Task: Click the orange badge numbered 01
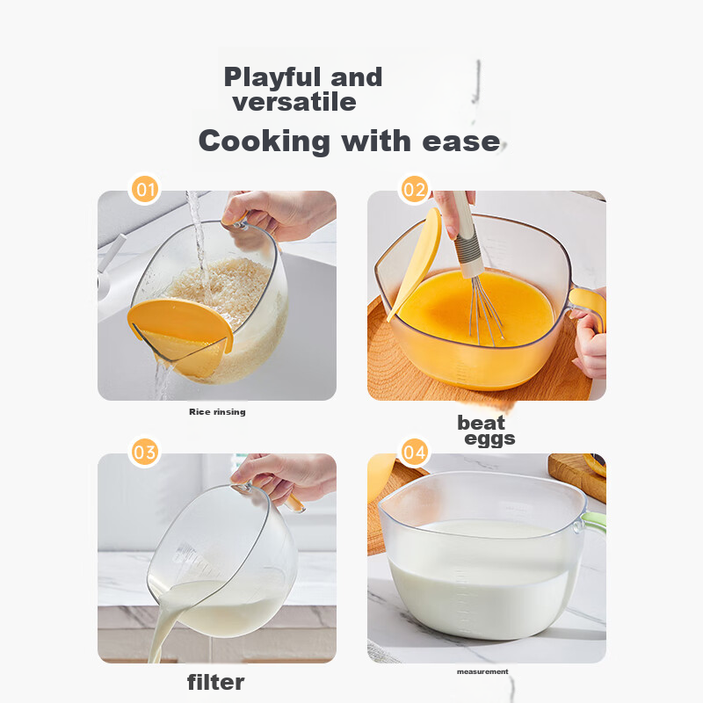click(x=145, y=189)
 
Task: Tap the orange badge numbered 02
click(x=414, y=189)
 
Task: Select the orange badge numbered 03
click(x=145, y=452)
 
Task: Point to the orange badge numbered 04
click(x=414, y=452)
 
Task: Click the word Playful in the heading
click(x=272, y=78)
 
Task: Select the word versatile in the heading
click(x=294, y=102)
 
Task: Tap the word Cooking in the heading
click(x=265, y=141)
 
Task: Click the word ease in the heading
click(x=461, y=142)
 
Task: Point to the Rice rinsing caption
click(x=217, y=411)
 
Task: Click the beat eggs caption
click(x=486, y=430)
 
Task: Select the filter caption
click(x=215, y=683)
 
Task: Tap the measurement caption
click(x=482, y=671)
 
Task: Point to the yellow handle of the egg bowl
click(x=589, y=306)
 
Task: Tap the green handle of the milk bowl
click(x=594, y=522)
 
